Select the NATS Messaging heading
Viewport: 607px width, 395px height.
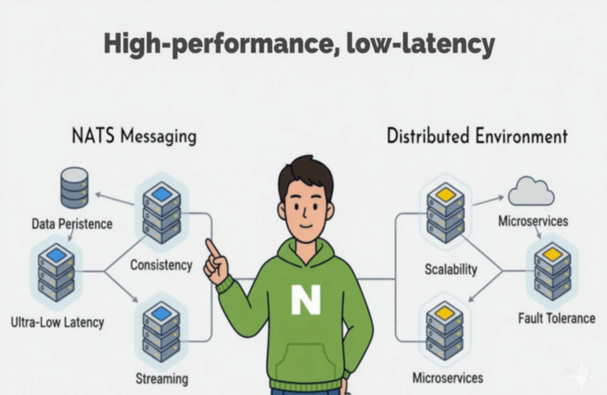point(134,137)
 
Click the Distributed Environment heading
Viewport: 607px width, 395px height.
point(477,136)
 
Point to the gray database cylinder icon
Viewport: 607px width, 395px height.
point(74,188)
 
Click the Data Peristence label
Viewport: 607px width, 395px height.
point(72,223)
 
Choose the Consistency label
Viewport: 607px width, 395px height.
point(161,266)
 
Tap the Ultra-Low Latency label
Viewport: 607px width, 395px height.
point(57,322)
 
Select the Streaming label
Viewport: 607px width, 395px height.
point(162,379)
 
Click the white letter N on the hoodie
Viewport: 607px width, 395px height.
point(306,299)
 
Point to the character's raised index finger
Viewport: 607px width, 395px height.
point(211,248)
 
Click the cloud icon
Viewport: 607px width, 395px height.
point(531,191)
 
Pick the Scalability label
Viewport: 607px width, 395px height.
point(451,269)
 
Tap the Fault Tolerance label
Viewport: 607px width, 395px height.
point(557,318)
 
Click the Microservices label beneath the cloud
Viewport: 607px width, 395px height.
point(533,221)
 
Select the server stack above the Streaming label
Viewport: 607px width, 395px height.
point(162,332)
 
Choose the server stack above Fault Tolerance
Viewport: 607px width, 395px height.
point(553,271)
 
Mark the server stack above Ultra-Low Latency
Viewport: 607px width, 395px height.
point(57,272)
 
